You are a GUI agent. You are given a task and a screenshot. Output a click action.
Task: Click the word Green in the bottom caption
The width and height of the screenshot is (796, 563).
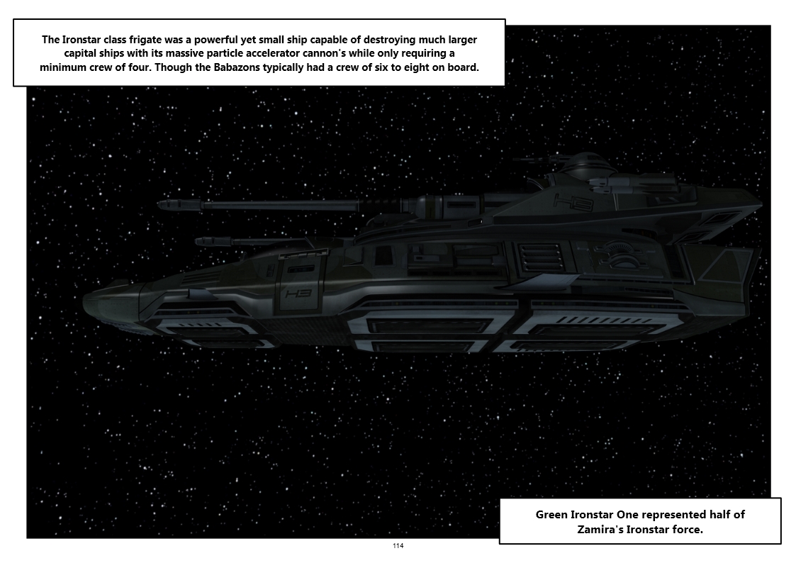click(552, 514)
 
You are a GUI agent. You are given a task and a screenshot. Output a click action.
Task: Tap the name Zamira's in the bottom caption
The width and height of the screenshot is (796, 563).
click(600, 530)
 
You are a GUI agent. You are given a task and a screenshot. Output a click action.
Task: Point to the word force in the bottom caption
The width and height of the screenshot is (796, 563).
click(688, 530)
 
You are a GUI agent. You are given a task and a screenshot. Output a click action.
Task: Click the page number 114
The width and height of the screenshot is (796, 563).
click(398, 546)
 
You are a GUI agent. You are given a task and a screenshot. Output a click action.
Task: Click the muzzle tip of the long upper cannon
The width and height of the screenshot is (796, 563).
click(160, 205)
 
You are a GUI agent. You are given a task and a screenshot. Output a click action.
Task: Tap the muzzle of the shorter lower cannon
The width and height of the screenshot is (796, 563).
click(198, 241)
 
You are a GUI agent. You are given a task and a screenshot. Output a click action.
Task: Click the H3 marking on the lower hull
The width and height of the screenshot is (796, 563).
click(298, 294)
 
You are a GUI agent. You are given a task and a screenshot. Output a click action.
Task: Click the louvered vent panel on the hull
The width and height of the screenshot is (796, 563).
click(539, 258)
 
